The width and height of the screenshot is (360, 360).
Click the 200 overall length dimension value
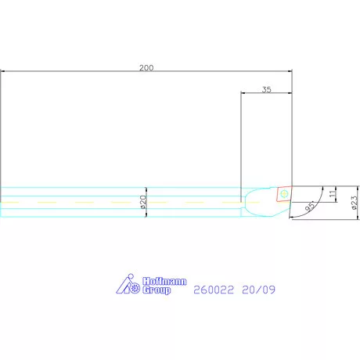tap(146, 68)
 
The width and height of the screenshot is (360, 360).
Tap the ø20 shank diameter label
tap(143, 202)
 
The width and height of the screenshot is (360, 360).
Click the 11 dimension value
tap(333, 193)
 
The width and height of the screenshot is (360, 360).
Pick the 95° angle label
tap(310, 206)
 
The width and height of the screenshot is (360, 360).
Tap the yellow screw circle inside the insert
tap(285, 193)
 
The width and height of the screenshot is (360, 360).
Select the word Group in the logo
tap(156, 290)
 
